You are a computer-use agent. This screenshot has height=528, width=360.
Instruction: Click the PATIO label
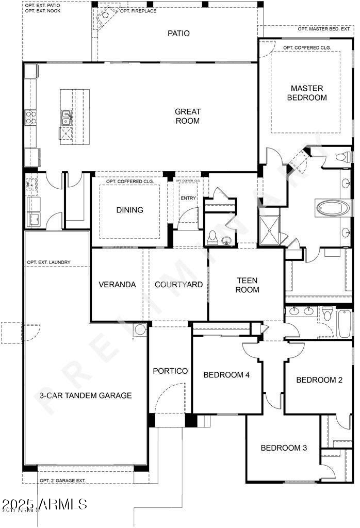178,34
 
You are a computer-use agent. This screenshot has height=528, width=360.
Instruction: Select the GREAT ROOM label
187,116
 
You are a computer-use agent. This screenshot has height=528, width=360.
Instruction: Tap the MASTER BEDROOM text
307,93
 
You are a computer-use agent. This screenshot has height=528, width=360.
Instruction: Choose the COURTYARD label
178,285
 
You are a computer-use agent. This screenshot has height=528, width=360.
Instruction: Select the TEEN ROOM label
247,285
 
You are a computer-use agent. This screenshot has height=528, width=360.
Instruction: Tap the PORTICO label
170,371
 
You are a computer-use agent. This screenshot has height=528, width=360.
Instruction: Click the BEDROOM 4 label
226,375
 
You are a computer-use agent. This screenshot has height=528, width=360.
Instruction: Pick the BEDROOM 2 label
319,380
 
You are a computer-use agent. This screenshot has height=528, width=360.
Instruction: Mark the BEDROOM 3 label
284,448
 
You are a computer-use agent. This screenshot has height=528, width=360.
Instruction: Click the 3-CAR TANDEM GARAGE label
86,395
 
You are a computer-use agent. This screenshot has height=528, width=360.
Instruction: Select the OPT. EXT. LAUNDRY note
49,262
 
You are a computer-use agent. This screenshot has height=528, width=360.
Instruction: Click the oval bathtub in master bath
333,209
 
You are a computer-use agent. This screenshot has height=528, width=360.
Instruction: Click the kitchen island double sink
67,118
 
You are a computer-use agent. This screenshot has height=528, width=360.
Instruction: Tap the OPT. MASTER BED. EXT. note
324,29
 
